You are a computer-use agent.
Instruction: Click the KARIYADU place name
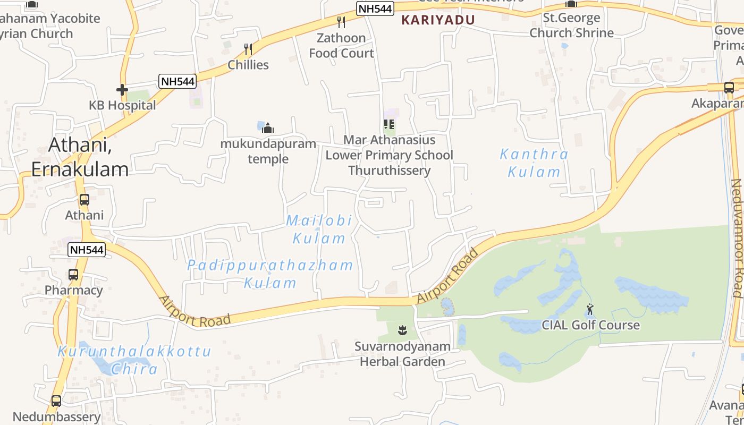tap(437, 20)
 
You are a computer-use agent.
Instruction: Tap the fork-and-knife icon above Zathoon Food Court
tap(341, 22)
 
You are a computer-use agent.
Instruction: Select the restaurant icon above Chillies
tap(248, 49)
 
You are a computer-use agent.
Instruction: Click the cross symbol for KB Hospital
tap(122, 90)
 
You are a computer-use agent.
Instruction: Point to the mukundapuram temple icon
tap(268, 128)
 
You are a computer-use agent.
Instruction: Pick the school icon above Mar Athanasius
tap(389, 125)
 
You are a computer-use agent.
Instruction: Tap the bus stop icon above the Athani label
tap(84, 200)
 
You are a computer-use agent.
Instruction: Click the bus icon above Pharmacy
tap(73, 275)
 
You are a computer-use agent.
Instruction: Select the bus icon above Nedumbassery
tap(56, 401)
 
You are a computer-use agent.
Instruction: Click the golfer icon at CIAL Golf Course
tap(590, 309)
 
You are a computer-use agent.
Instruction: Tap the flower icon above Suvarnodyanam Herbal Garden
tap(402, 331)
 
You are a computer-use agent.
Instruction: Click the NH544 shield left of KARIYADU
tap(375, 8)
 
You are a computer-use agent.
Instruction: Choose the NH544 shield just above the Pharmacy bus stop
tap(87, 250)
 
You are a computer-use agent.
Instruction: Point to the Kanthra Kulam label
tap(534, 163)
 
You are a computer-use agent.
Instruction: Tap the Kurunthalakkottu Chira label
tap(134, 360)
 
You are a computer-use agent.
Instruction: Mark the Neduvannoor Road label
tap(737, 238)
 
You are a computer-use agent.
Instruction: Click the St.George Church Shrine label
tap(571, 25)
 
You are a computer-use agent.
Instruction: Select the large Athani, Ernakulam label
tap(80, 157)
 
